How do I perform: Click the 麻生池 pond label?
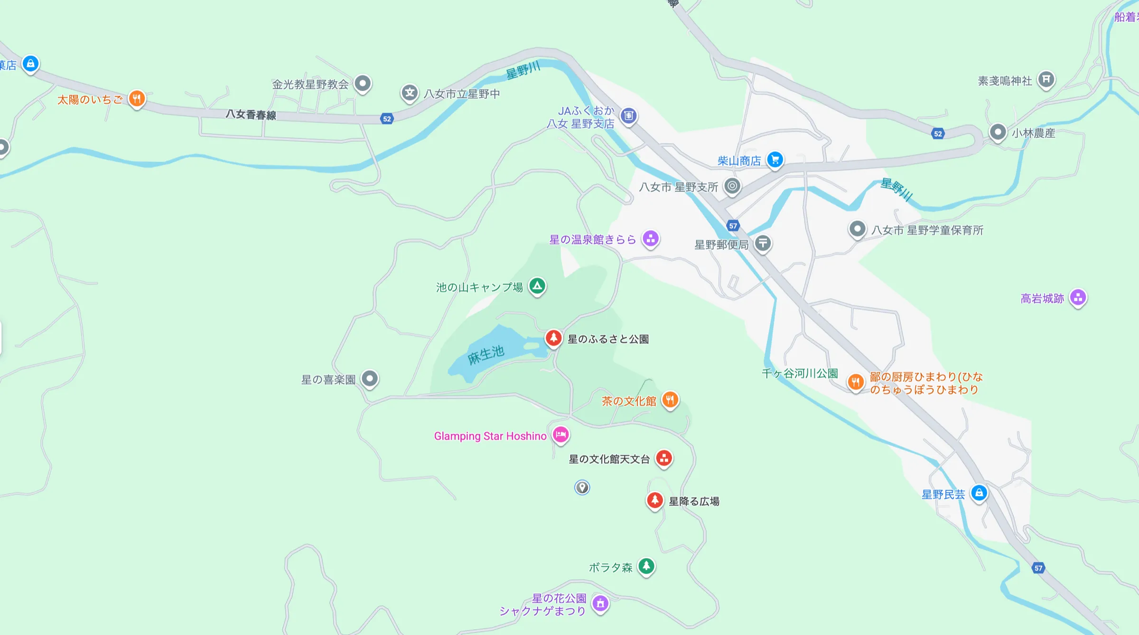pos(485,355)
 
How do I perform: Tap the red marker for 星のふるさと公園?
pos(553,338)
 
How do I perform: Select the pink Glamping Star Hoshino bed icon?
pos(560,434)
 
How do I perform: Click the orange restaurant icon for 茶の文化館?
pos(670,400)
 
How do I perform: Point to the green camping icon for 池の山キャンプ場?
pos(537,286)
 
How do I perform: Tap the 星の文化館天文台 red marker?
pos(664,458)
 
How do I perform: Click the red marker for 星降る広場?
pos(655,500)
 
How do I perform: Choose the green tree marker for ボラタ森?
pos(646,566)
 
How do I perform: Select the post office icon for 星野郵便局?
pos(763,244)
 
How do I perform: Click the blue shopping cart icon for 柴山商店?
pos(775,160)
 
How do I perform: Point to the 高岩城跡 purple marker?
pos(1078,298)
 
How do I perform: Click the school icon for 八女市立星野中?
pos(410,93)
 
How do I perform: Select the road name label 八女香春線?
pos(251,115)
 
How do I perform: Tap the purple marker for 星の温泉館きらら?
pos(651,239)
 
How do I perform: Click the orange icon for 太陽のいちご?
pos(137,99)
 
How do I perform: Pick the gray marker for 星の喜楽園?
pos(370,379)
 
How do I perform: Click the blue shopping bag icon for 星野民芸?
pos(979,493)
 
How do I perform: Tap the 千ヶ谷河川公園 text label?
pos(800,374)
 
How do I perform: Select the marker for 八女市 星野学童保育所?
pos(857,230)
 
